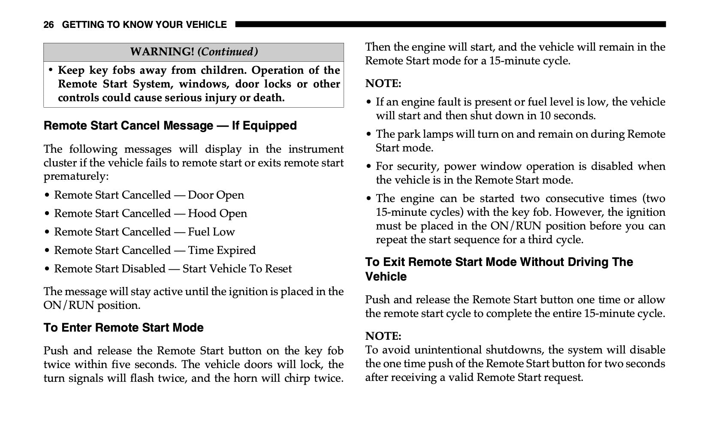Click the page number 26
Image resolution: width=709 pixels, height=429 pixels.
tap(48, 25)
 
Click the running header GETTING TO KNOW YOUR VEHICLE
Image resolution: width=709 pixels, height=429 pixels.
tap(144, 25)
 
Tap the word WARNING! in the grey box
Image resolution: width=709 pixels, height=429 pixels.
tap(162, 52)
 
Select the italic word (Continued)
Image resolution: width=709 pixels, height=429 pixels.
tap(228, 52)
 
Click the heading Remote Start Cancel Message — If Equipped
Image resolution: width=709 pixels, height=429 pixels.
tap(170, 126)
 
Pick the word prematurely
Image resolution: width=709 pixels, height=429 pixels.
tap(75, 176)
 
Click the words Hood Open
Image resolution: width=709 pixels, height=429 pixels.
tap(217, 214)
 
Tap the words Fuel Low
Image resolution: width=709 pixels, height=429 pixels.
tap(211, 232)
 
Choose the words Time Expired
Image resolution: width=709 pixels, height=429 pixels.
tap(221, 251)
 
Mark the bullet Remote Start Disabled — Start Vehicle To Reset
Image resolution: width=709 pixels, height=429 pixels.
tap(172, 269)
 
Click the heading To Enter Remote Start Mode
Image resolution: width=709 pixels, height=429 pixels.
tap(124, 328)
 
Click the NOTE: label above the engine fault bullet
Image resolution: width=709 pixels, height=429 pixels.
tap(383, 84)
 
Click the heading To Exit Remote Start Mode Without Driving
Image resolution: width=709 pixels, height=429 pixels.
tap(499, 269)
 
